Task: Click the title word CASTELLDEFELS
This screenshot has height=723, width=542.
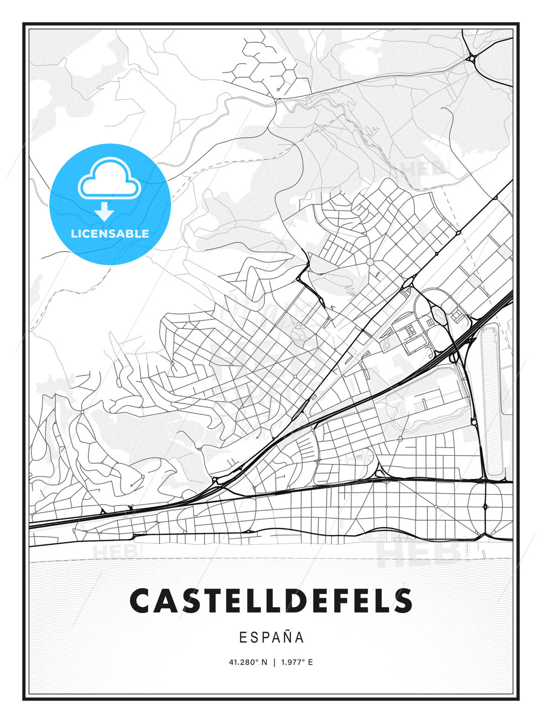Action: tap(271, 601)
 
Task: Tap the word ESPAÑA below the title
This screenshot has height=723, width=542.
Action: tap(272, 637)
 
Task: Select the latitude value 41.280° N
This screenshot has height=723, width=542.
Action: tap(248, 662)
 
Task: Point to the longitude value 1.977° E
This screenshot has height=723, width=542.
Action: tap(297, 662)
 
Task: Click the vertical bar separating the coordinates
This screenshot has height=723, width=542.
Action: tap(274, 662)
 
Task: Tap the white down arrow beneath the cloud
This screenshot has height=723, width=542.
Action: tap(104, 212)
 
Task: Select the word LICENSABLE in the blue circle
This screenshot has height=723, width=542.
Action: tap(110, 233)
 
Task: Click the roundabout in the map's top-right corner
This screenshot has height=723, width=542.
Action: tap(472, 59)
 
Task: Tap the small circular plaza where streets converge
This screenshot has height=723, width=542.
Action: tap(370, 262)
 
